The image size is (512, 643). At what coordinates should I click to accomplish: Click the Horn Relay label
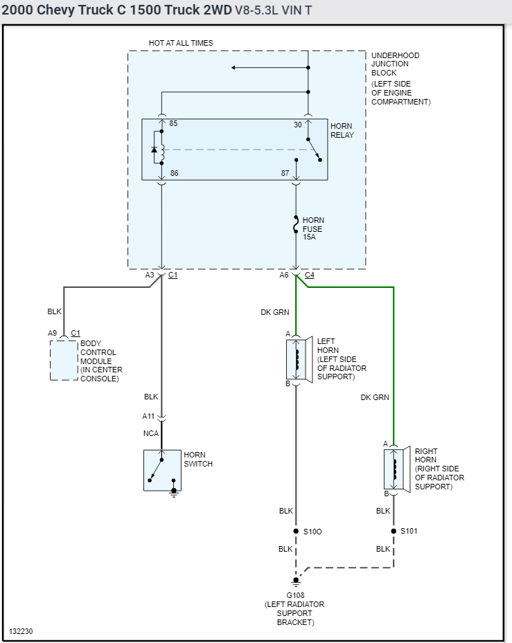click(x=342, y=130)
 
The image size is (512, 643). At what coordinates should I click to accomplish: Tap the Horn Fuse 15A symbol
click(x=296, y=224)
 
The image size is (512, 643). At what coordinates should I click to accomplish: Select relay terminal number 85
click(x=173, y=123)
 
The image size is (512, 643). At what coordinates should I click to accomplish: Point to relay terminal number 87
click(x=285, y=173)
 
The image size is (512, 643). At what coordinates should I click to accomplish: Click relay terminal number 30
click(x=298, y=125)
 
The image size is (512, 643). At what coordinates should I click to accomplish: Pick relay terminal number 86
click(x=174, y=173)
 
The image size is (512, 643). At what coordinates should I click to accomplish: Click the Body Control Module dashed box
click(x=64, y=360)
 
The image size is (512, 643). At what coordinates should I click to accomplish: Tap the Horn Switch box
click(x=162, y=471)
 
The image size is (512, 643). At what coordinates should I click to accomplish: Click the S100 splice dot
click(x=296, y=531)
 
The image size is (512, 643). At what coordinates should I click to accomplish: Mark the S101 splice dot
click(x=394, y=531)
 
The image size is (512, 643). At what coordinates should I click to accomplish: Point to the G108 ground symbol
click(x=296, y=581)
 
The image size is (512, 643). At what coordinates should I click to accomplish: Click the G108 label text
click(x=295, y=595)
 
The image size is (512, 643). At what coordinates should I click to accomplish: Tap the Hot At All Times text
click(x=181, y=43)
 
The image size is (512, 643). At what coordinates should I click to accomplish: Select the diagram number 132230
click(x=21, y=631)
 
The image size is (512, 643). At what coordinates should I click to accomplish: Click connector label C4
click(x=310, y=275)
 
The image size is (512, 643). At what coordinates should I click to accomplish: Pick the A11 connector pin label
click(x=148, y=416)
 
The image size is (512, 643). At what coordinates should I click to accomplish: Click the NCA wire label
click(x=150, y=433)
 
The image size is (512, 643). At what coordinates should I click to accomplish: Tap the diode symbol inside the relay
click(x=155, y=150)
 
